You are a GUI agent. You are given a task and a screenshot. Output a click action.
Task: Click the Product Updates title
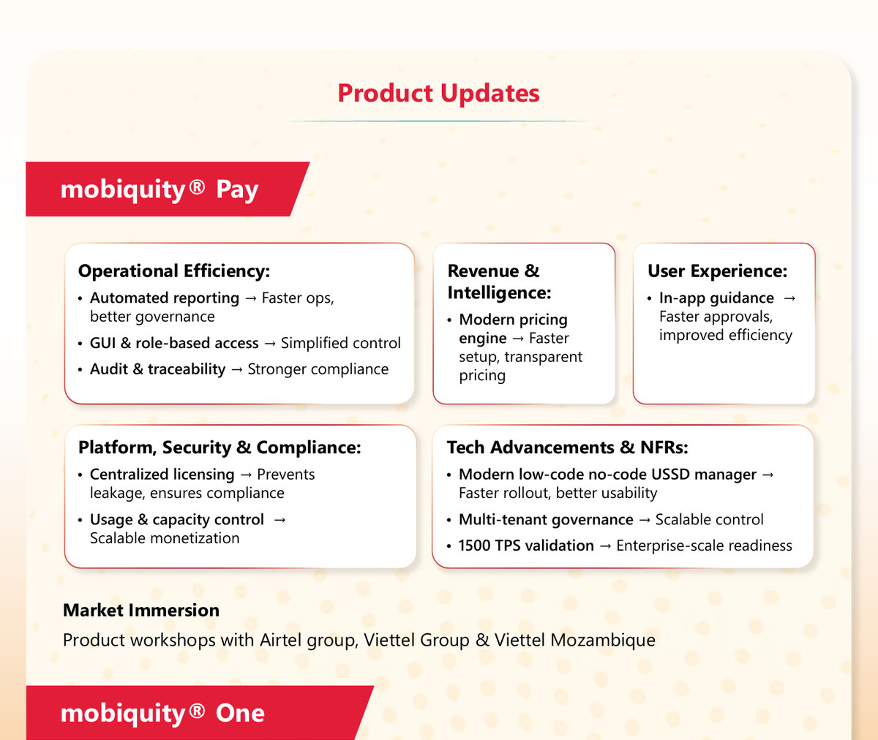pyautogui.click(x=438, y=94)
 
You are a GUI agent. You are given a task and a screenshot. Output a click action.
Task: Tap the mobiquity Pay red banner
pyautogui.click(x=168, y=189)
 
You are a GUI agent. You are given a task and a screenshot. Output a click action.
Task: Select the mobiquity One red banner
pyautogui.click(x=199, y=713)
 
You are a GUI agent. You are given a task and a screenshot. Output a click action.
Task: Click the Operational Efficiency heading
pyautogui.click(x=174, y=271)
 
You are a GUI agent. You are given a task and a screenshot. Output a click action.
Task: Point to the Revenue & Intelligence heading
pyautogui.click(x=499, y=282)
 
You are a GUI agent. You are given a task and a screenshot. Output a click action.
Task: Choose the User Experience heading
pyautogui.click(x=717, y=271)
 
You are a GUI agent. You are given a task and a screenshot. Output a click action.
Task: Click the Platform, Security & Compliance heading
pyautogui.click(x=219, y=448)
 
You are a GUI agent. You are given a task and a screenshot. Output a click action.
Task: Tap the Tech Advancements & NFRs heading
pyautogui.click(x=567, y=448)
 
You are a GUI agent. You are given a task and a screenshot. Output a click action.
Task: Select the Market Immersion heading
pyautogui.click(x=141, y=610)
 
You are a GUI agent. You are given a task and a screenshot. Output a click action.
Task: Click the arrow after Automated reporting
pyautogui.click(x=251, y=298)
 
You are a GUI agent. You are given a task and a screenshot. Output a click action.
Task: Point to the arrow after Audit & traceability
pyautogui.click(x=237, y=370)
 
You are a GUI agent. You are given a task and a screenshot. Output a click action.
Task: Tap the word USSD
pyautogui.click(x=670, y=475)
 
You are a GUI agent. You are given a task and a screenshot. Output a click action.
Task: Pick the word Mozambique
pyautogui.click(x=603, y=641)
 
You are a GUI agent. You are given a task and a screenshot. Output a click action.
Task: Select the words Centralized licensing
pyautogui.click(x=162, y=475)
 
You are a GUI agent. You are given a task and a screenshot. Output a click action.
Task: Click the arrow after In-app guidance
pyautogui.click(x=789, y=298)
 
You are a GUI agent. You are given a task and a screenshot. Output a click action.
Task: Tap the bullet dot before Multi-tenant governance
pyautogui.click(x=449, y=521)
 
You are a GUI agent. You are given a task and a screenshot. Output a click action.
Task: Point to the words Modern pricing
pyautogui.click(x=513, y=320)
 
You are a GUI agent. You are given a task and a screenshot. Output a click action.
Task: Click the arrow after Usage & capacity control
pyautogui.click(x=279, y=520)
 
